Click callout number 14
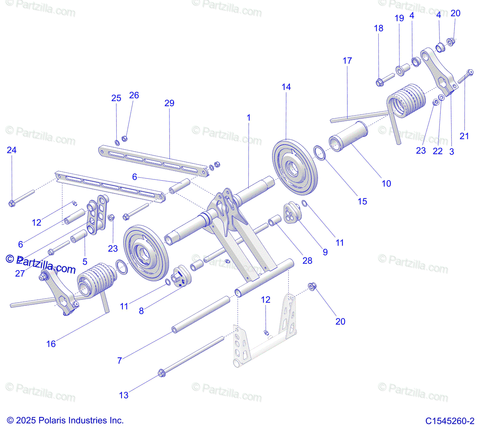pyautogui.click(x=286, y=87)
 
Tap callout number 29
pyautogui.click(x=169, y=103)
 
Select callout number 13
pyautogui.click(x=124, y=395)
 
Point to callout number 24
pyautogui.click(x=12, y=150)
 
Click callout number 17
pyautogui.click(x=347, y=61)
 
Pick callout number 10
pyautogui.click(x=386, y=184)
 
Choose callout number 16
pyautogui.click(x=51, y=344)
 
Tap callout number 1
pyautogui.click(x=248, y=118)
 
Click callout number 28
pyautogui.click(x=307, y=260)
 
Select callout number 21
pyautogui.click(x=464, y=136)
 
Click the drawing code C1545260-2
pyautogui.click(x=450, y=421)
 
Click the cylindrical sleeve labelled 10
pyautogui.click(x=348, y=137)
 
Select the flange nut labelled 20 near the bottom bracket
pyautogui.click(x=312, y=286)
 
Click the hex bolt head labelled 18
pyautogui.click(x=379, y=82)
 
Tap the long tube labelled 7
pyautogui.click(x=201, y=314)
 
